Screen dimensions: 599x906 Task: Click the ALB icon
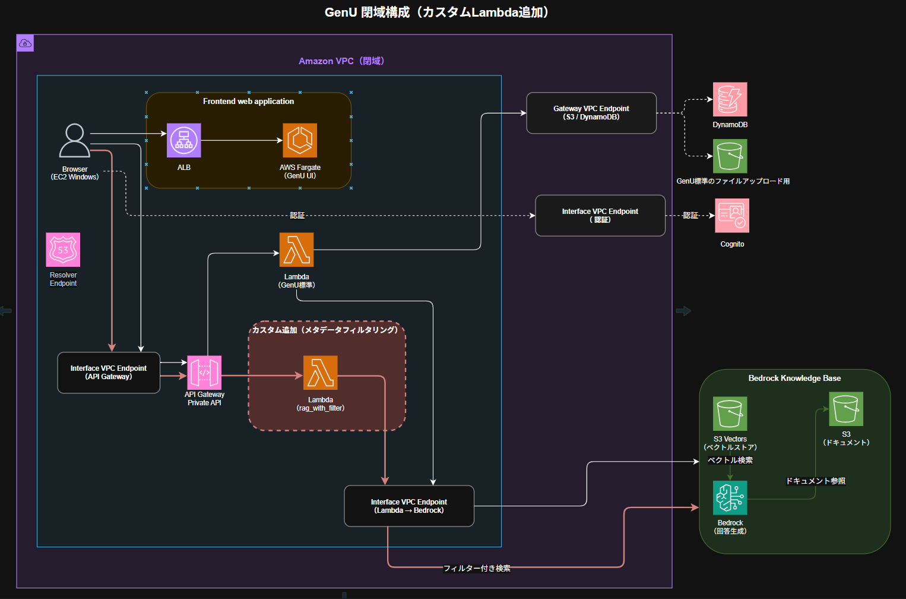[184, 140]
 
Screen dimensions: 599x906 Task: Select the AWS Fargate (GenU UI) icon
[300, 140]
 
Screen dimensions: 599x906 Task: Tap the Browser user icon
[75, 140]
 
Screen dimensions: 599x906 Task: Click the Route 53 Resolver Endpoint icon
[63, 250]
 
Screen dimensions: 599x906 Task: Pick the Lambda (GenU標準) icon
[296, 250]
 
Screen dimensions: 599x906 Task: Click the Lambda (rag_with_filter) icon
[321, 373]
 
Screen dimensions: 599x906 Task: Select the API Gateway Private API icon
[204, 373]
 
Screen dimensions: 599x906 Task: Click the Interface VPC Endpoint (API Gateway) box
[109, 373]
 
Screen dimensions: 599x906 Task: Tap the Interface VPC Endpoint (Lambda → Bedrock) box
[409, 506]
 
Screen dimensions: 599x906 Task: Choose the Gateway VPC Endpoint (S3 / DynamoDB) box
[591, 113]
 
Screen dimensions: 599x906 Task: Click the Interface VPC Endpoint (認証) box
[600, 216]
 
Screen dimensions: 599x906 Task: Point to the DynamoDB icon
[730, 99]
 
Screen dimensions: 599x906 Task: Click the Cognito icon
[732, 216]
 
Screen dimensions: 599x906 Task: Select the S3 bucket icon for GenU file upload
[730, 156]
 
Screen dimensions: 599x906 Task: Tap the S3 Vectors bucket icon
[730, 414]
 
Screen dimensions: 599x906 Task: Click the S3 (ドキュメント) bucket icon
[846, 409]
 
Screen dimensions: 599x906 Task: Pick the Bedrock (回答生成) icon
[730, 498]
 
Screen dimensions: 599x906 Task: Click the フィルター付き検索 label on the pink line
[477, 569]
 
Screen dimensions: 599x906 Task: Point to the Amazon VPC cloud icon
[25, 43]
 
